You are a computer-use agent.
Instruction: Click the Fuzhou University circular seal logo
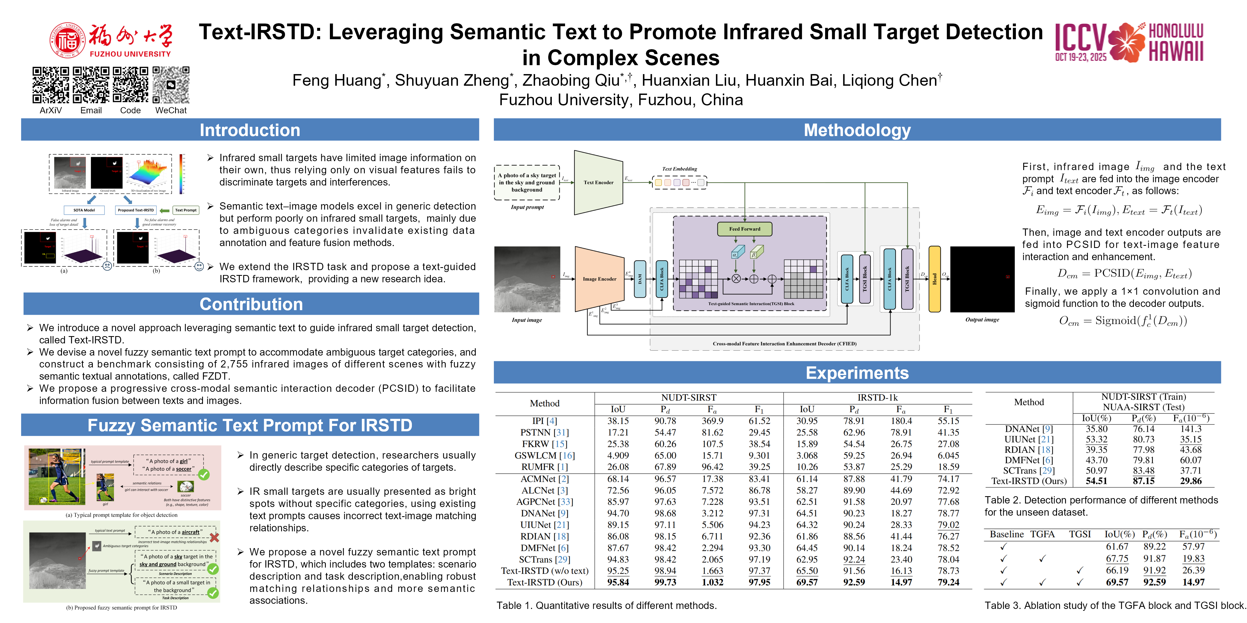point(67,40)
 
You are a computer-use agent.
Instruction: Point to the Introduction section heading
point(250,130)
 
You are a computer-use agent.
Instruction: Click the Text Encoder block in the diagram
point(598,182)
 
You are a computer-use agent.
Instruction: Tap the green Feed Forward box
point(744,229)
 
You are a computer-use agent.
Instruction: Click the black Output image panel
point(982,279)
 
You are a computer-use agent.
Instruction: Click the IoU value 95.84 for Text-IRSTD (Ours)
point(618,582)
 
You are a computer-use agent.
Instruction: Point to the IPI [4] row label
point(544,421)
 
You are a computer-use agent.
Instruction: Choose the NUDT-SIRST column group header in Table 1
point(688,397)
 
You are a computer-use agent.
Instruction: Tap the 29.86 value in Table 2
point(1190,481)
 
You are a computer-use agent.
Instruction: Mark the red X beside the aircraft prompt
point(214,537)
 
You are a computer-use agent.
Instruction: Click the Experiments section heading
point(857,373)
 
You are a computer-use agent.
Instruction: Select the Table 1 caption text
point(606,606)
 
